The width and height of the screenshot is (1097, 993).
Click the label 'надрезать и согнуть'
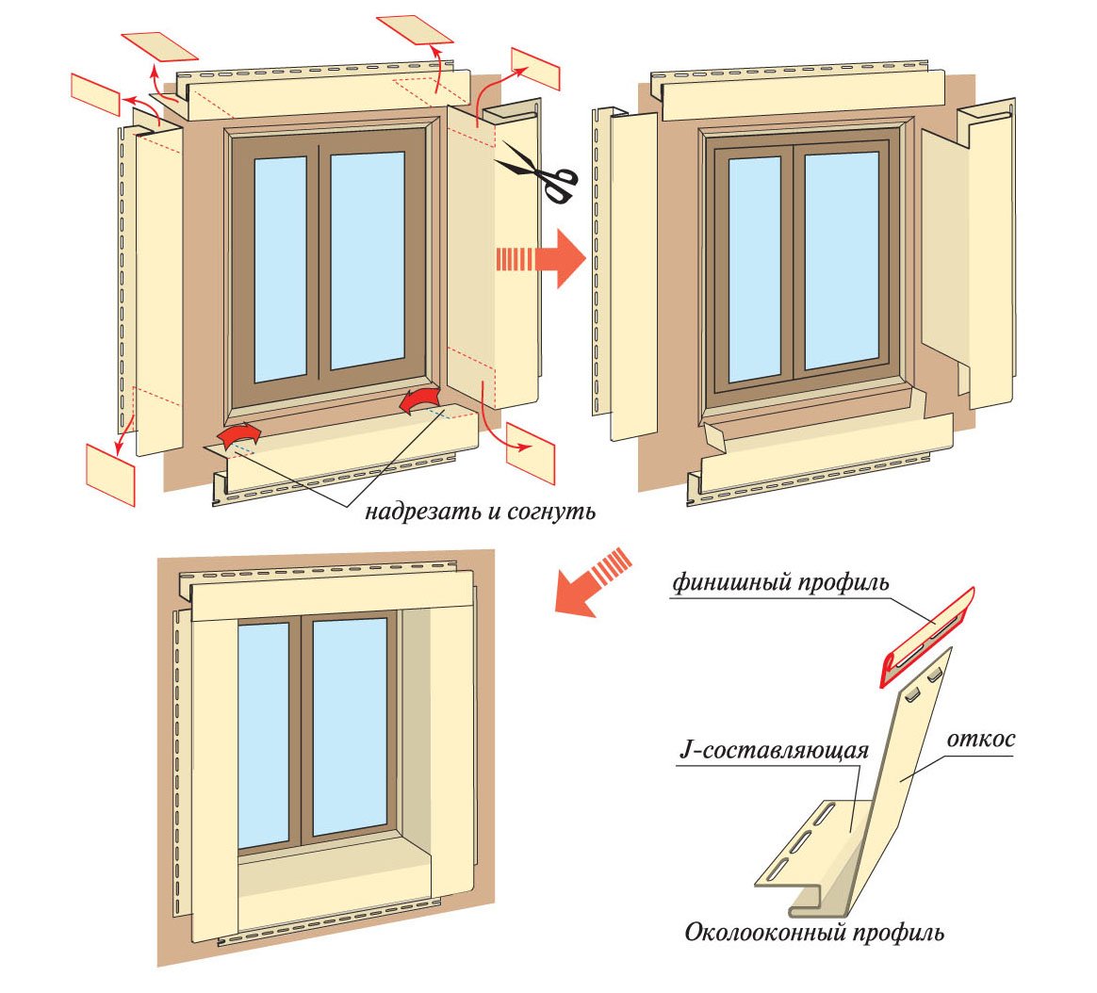coord(480,512)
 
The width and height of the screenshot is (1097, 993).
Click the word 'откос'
coord(980,739)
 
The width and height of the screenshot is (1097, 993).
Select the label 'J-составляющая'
coord(774,752)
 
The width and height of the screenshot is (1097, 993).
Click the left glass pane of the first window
coord(280,268)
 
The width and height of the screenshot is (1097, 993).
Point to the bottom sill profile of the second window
coord(820,461)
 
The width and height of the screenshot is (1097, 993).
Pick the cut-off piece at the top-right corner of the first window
coord(535,68)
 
